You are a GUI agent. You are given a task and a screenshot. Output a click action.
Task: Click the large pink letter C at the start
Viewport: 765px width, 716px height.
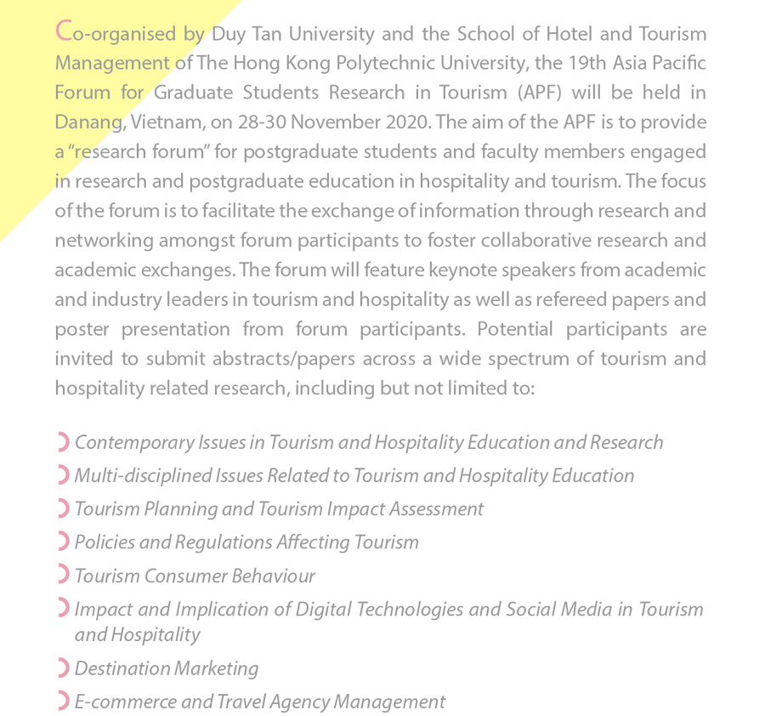pos(63,33)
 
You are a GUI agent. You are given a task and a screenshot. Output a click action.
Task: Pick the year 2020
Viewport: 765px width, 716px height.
pos(402,122)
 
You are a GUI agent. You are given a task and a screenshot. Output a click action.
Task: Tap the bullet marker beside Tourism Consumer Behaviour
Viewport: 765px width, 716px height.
pos(62,575)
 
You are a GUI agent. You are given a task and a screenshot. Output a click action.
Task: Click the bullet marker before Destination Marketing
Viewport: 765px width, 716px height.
pos(62,668)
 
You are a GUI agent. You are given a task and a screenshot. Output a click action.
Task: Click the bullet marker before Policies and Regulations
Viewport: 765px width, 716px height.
pos(62,542)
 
